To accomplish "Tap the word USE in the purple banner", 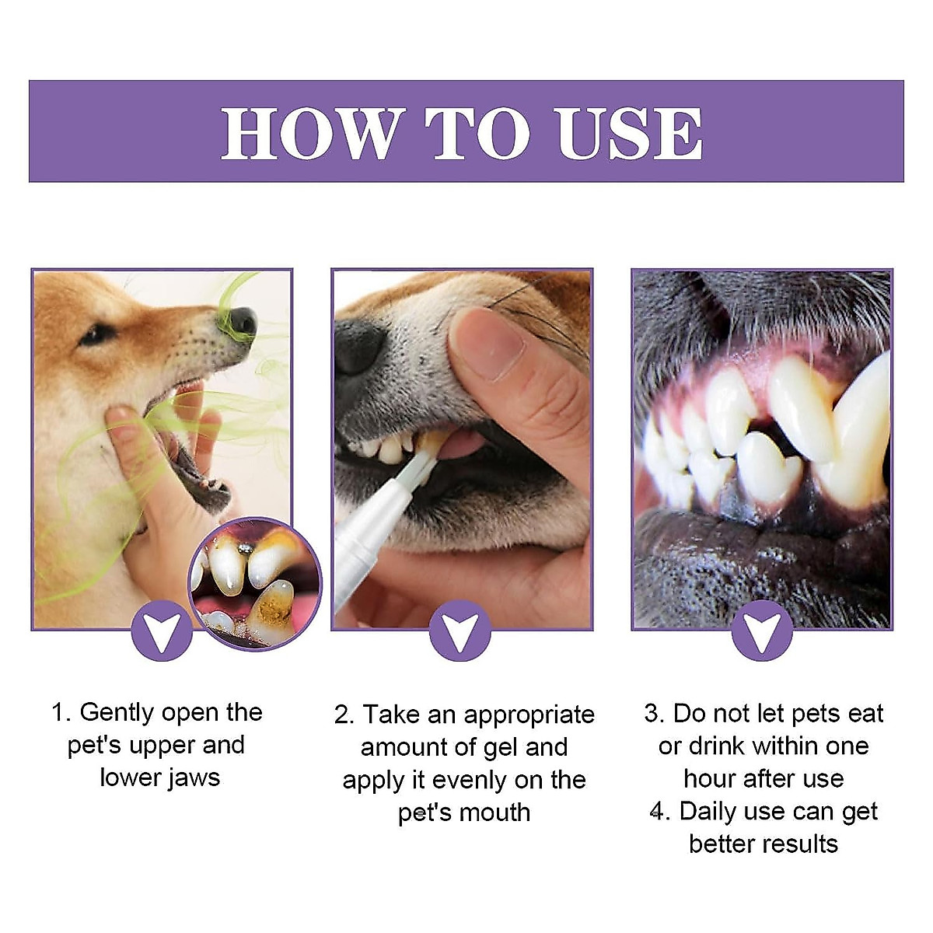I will click(629, 134).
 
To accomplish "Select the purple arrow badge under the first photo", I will click(162, 631).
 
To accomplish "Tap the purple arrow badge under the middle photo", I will click(460, 631).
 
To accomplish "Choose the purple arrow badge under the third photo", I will click(762, 631).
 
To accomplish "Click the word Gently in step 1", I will click(117, 713).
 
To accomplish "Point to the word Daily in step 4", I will click(708, 811).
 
